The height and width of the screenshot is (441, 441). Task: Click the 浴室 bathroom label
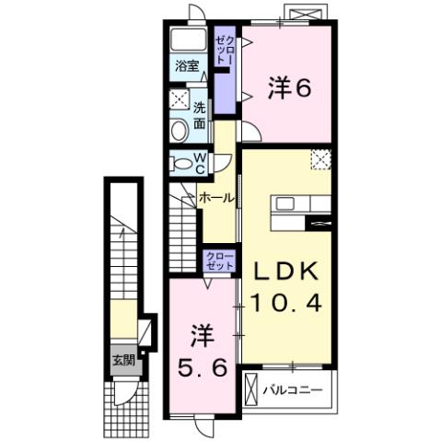pyautogui.click(x=188, y=66)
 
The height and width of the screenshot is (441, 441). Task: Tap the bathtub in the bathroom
pyautogui.click(x=189, y=41)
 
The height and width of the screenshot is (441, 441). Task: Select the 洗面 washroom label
pyautogui.click(x=200, y=111)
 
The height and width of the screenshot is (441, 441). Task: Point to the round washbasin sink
pyautogui.click(x=179, y=131)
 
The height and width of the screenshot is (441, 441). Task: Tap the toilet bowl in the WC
pyautogui.click(x=180, y=163)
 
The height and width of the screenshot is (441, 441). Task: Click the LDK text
pyautogui.click(x=286, y=272)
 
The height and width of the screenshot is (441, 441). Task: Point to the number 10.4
pyautogui.click(x=286, y=303)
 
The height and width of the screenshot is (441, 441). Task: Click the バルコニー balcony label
pyautogui.click(x=292, y=389)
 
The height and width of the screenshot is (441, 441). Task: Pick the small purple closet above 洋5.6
pyautogui.click(x=220, y=261)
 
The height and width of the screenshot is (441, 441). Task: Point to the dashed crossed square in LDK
pyautogui.click(x=320, y=160)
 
